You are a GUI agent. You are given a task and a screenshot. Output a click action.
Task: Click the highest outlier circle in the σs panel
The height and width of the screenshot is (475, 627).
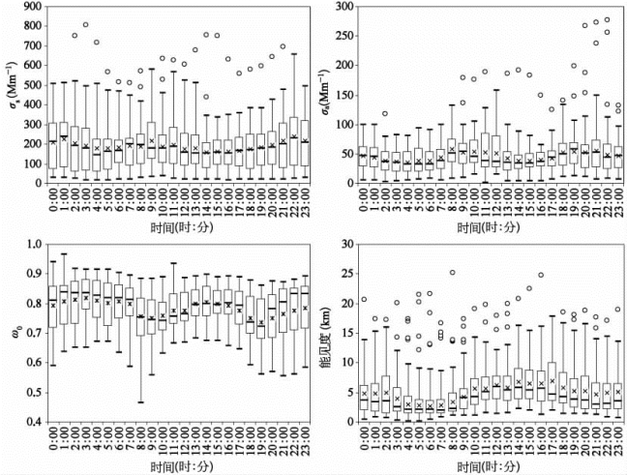(85, 25)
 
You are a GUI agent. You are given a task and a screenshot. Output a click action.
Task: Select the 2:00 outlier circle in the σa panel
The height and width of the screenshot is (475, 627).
(385, 114)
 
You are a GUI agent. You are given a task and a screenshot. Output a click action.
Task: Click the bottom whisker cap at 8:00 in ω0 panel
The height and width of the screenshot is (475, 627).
(141, 401)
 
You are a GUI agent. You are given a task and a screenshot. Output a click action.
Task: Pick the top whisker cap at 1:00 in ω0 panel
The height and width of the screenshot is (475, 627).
(64, 254)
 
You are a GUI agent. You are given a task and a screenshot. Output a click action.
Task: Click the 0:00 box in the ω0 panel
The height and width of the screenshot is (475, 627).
(52, 305)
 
